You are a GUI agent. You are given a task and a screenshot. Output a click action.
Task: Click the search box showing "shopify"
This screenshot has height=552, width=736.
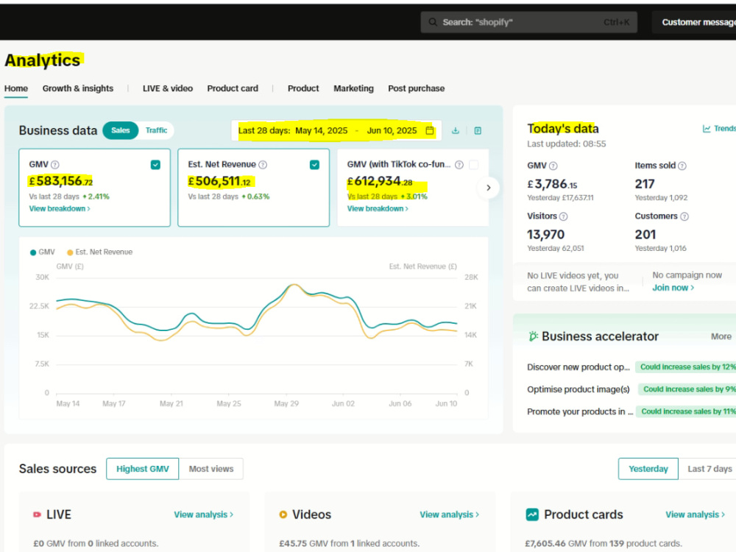528,22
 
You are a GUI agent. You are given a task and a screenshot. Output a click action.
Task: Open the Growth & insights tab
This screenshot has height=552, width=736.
78,88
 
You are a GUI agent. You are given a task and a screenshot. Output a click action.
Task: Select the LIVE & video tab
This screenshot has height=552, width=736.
168,88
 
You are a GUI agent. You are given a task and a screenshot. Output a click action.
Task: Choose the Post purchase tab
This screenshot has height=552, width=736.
416,88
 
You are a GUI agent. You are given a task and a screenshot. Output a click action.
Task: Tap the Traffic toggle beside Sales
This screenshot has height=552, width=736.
156,130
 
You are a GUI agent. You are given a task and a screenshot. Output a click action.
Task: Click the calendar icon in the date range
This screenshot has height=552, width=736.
430,130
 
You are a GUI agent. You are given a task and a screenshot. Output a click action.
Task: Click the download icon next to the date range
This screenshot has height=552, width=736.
456,130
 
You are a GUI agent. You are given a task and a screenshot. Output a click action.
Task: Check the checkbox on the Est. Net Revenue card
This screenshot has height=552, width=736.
314,165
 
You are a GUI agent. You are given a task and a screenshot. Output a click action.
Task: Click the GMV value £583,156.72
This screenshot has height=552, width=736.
61,181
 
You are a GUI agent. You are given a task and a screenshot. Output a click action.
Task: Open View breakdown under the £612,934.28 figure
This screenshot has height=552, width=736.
378,208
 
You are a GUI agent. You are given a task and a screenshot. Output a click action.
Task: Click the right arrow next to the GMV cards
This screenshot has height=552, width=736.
488,188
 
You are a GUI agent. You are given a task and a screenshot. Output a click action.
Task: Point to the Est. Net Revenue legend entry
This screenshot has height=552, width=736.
99,252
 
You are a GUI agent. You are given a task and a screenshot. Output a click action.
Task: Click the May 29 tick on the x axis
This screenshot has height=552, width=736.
286,403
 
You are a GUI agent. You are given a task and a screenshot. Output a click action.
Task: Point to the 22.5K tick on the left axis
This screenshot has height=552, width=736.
39,306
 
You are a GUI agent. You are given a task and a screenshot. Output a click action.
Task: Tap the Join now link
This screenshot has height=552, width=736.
673,288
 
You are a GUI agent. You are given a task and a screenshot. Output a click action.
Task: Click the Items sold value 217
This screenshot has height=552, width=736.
645,184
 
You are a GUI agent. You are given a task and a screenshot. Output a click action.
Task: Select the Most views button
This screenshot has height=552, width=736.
211,469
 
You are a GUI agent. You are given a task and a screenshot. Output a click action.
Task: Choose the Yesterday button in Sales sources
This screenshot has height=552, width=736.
648,469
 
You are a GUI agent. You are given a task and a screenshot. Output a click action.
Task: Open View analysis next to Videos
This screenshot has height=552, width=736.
449,514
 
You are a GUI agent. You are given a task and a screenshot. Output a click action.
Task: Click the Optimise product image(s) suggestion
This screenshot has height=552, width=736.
578,389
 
